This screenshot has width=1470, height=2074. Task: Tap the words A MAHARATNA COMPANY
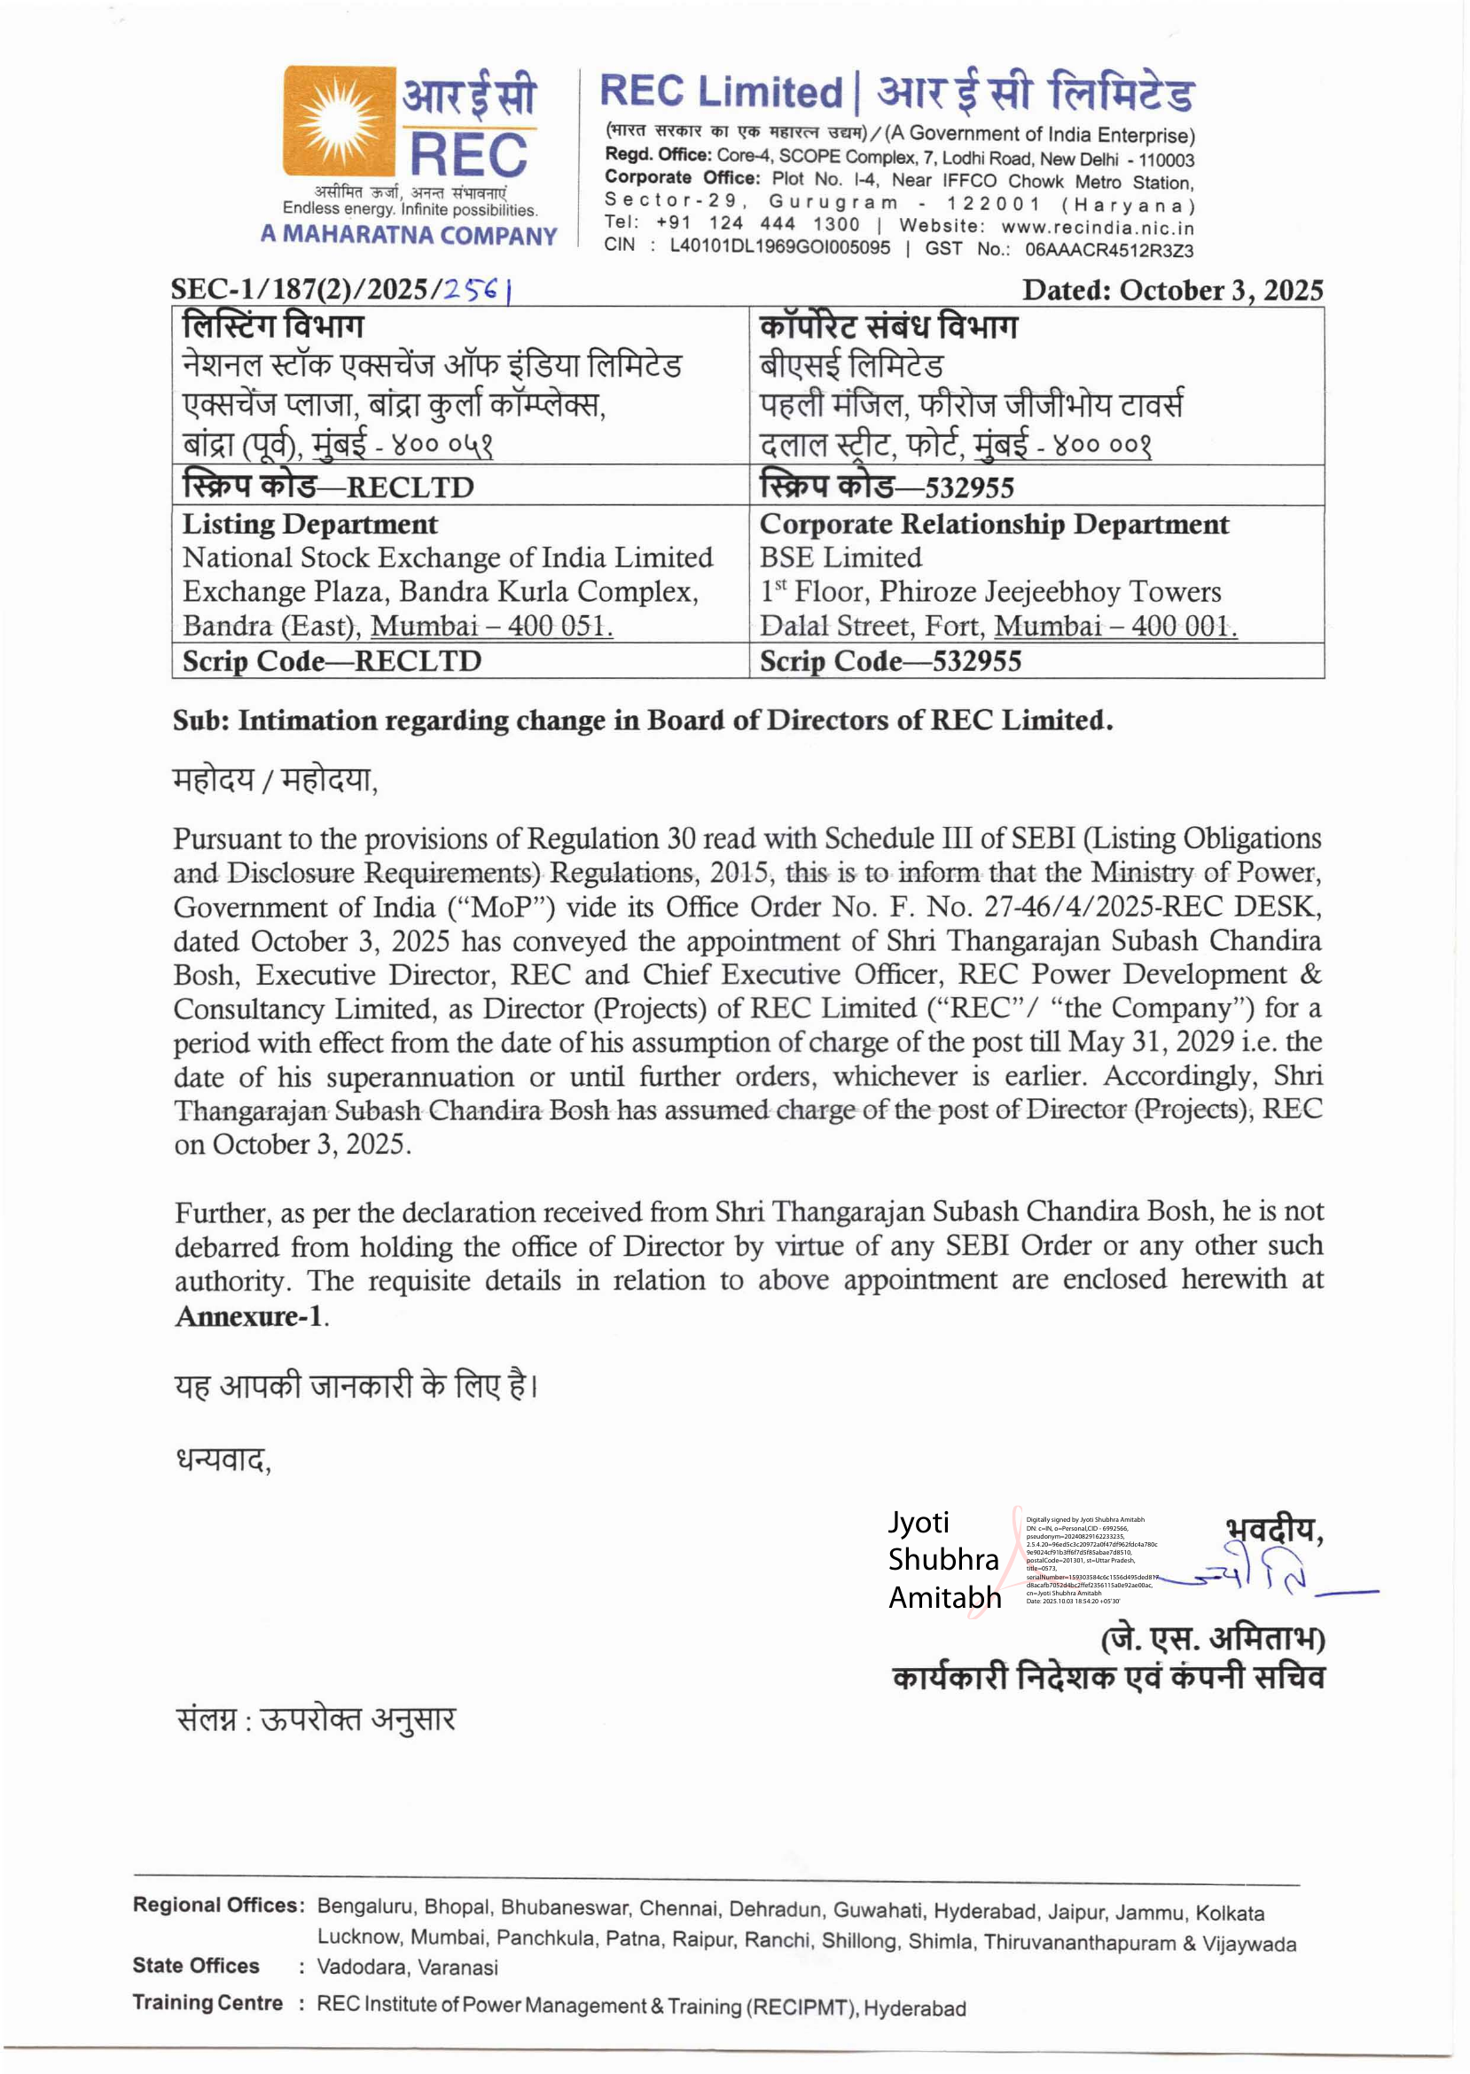pyautogui.click(x=409, y=235)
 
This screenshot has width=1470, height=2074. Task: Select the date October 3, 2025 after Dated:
pyautogui.click(x=1221, y=291)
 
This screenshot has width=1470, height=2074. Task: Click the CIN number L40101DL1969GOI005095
pyautogui.click(x=779, y=247)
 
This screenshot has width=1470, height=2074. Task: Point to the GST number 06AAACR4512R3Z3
pyautogui.click(x=1109, y=250)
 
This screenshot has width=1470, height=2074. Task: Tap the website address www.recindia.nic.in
pyautogui.click(x=1097, y=227)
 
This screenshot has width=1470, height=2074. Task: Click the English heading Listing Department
pyautogui.click(x=309, y=525)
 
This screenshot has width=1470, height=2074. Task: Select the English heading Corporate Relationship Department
pyautogui.click(x=994, y=525)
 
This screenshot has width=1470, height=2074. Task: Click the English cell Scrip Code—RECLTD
pyautogui.click(x=332, y=661)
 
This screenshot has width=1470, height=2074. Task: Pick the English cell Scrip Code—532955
pyautogui.click(x=891, y=661)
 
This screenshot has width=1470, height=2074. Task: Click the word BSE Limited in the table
pyautogui.click(x=840, y=558)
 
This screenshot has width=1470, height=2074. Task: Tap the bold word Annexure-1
pyautogui.click(x=249, y=1316)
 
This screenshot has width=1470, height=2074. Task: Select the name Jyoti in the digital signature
pyautogui.click(x=918, y=1523)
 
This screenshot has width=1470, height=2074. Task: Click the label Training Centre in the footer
pyautogui.click(x=207, y=2002)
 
